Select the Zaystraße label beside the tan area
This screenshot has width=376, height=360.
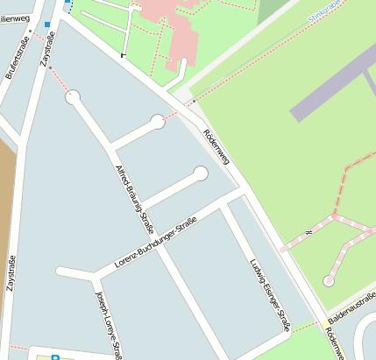pos(12,272)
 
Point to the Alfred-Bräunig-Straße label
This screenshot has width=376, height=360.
pos(129,187)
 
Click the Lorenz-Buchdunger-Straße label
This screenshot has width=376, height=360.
pos(153,246)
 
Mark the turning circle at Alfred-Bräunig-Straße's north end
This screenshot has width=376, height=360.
pos(73,97)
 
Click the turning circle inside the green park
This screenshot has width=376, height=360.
pos(328,281)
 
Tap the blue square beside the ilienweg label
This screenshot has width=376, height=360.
pos(46,25)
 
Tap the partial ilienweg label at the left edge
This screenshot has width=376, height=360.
pos(15,18)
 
